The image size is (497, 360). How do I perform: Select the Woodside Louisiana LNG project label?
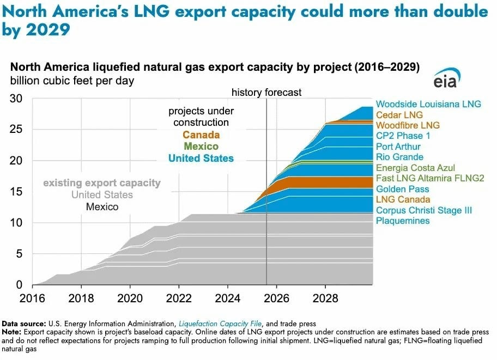[x=424, y=105]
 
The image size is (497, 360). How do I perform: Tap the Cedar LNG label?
[x=399, y=115]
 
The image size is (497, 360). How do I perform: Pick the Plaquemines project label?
[x=403, y=221]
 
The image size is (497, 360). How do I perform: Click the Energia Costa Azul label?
[x=415, y=168]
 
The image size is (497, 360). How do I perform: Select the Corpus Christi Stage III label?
[x=423, y=210]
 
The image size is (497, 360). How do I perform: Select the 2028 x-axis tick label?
[x=325, y=298]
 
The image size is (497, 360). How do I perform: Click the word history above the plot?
[x=248, y=93]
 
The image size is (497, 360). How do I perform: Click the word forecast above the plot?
[x=284, y=93]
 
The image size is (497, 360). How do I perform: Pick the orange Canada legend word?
[x=201, y=135]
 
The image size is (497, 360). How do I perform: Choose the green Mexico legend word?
[x=201, y=147]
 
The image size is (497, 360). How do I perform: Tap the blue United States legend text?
[x=201, y=158]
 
